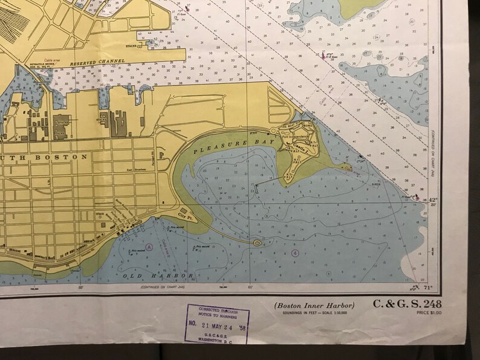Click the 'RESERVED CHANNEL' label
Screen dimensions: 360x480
pyautogui.click(x=97, y=62)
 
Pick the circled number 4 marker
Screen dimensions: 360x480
pyautogui.click(x=295, y=252)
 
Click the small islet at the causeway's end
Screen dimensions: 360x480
pyautogui.click(x=258, y=243)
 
